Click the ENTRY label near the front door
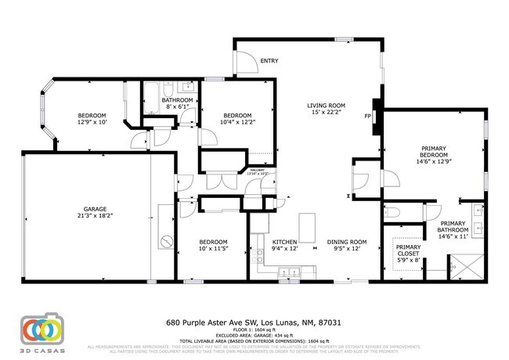(x=269, y=60)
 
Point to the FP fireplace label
(x=367, y=116)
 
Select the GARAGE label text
(x=95, y=208)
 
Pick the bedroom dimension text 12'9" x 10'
(x=91, y=121)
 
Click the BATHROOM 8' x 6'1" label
(x=177, y=104)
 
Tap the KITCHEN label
(x=283, y=242)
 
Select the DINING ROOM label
(x=346, y=242)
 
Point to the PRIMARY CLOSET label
(x=407, y=251)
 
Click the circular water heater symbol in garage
(x=166, y=240)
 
